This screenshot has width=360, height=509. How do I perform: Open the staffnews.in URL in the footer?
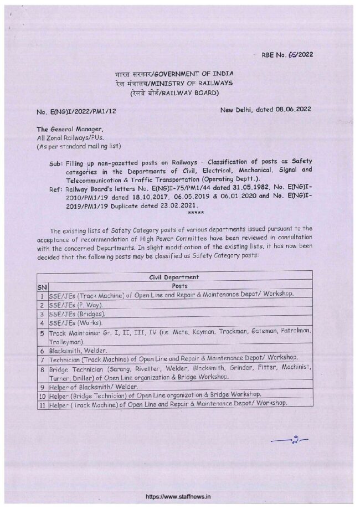(179, 498)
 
